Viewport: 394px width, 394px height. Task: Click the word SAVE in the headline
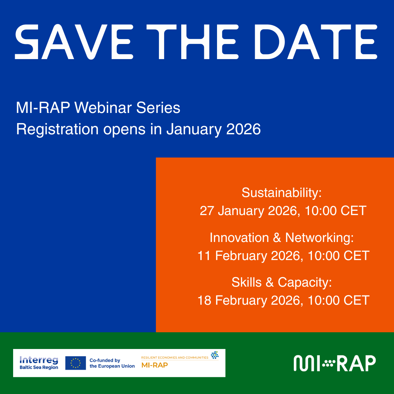coord(74,42)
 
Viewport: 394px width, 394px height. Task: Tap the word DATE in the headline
coord(316,42)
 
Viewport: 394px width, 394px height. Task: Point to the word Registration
coord(57,129)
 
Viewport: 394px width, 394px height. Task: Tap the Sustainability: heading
coord(282,193)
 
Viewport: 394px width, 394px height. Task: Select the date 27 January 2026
coord(250,211)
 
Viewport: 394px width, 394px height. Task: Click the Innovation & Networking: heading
coord(282,238)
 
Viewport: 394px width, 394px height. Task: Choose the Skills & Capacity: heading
coord(282,282)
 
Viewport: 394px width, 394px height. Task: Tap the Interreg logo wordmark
coord(39,360)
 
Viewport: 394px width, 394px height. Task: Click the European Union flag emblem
coord(76,363)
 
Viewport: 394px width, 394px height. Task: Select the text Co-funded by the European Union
coord(112,363)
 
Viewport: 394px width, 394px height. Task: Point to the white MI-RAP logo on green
coord(335,363)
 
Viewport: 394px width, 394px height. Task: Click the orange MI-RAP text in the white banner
coord(154,365)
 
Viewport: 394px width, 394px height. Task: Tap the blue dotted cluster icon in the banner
coord(215,355)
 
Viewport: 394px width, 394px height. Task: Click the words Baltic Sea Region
coord(39,367)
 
